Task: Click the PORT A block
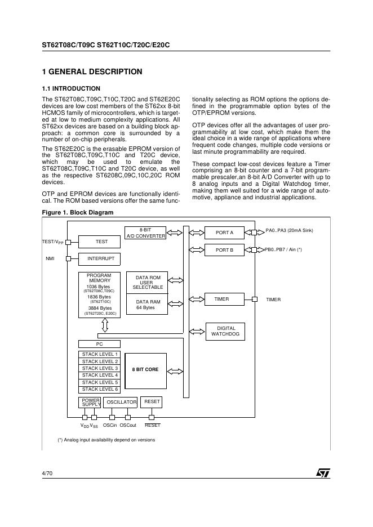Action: point(224,233)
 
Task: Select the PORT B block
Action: point(224,250)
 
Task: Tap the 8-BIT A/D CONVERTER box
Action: point(145,233)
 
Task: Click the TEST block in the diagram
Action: point(101,242)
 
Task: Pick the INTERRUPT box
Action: point(101,259)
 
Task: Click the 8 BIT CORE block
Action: point(145,370)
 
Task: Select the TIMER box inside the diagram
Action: point(221,300)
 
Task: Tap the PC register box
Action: point(99,343)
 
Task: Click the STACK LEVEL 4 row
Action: point(100,375)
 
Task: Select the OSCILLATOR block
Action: point(122,402)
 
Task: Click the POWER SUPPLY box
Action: point(90,402)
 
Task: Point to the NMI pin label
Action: point(50,259)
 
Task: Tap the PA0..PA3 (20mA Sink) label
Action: point(289,231)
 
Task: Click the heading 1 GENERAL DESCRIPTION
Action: point(92,72)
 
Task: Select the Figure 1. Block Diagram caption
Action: point(78,212)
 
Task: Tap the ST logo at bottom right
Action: point(323,474)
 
